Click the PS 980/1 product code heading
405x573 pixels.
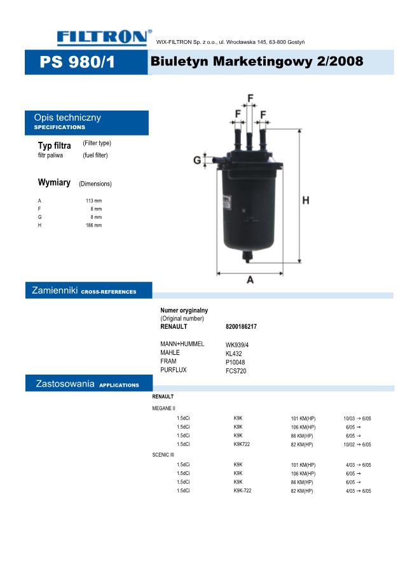pos(78,63)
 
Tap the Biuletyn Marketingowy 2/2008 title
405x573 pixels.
pos(257,62)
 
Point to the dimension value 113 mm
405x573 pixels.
pos(93,200)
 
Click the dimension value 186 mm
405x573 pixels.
pos(93,225)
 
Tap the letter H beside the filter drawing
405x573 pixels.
pos(306,200)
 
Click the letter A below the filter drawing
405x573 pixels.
pos(251,279)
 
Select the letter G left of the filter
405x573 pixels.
pos(197,160)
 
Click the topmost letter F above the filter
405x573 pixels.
pos(251,98)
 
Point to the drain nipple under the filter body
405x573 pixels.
pos(249,258)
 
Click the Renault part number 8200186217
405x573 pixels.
pos(241,326)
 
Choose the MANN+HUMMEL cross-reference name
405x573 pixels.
pos(182,344)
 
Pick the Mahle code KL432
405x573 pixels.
pos(234,353)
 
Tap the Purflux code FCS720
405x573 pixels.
pos(236,370)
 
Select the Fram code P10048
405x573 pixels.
pos(235,362)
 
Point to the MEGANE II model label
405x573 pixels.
pos(163,408)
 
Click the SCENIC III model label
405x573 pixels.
pos(163,455)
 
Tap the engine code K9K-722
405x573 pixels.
pos(242,491)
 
